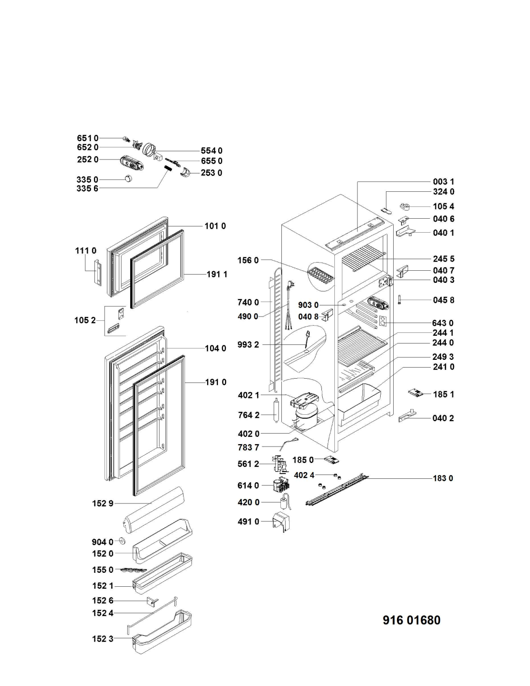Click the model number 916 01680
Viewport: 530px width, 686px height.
pyautogui.click(x=411, y=620)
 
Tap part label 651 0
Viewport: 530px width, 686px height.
pyautogui.click(x=87, y=138)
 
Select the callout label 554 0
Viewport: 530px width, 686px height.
pyautogui.click(x=212, y=151)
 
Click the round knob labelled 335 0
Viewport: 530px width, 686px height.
pyautogui.click(x=128, y=179)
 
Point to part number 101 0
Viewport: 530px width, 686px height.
pyautogui.click(x=215, y=225)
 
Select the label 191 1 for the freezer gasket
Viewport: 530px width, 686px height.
pyautogui.click(x=217, y=274)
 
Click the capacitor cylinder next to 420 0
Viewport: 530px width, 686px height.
pyautogui.click(x=283, y=503)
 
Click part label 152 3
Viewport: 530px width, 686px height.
pyautogui.click(x=103, y=639)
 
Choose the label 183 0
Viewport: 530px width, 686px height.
pyautogui.click(x=443, y=478)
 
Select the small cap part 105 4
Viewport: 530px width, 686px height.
pyautogui.click(x=405, y=207)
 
